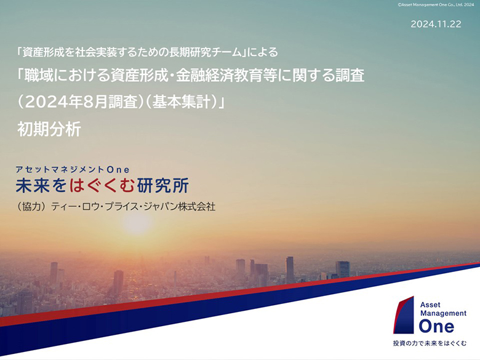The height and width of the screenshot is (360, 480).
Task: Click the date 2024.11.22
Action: (x=436, y=24)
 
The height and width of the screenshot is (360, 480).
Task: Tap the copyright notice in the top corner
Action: (x=436, y=4)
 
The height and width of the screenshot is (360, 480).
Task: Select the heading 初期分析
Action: (x=49, y=129)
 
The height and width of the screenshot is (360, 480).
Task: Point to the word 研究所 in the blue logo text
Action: (x=163, y=185)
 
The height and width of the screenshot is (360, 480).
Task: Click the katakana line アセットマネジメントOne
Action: (x=73, y=169)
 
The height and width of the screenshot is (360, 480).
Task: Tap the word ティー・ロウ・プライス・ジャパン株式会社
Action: (x=134, y=207)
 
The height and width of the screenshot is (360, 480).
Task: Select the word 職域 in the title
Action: (x=39, y=76)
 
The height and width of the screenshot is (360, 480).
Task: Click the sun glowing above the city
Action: (x=137, y=223)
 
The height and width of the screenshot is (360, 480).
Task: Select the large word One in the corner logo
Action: (x=436, y=326)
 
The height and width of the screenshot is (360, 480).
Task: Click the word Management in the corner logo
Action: (x=443, y=313)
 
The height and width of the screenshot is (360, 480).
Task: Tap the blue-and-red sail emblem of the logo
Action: (x=404, y=314)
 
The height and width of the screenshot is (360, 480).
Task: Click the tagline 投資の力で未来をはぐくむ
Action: (x=430, y=343)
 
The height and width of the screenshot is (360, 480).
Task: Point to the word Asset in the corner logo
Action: (x=430, y=305)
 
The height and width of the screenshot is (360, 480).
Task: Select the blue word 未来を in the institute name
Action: (x=41, y=185)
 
